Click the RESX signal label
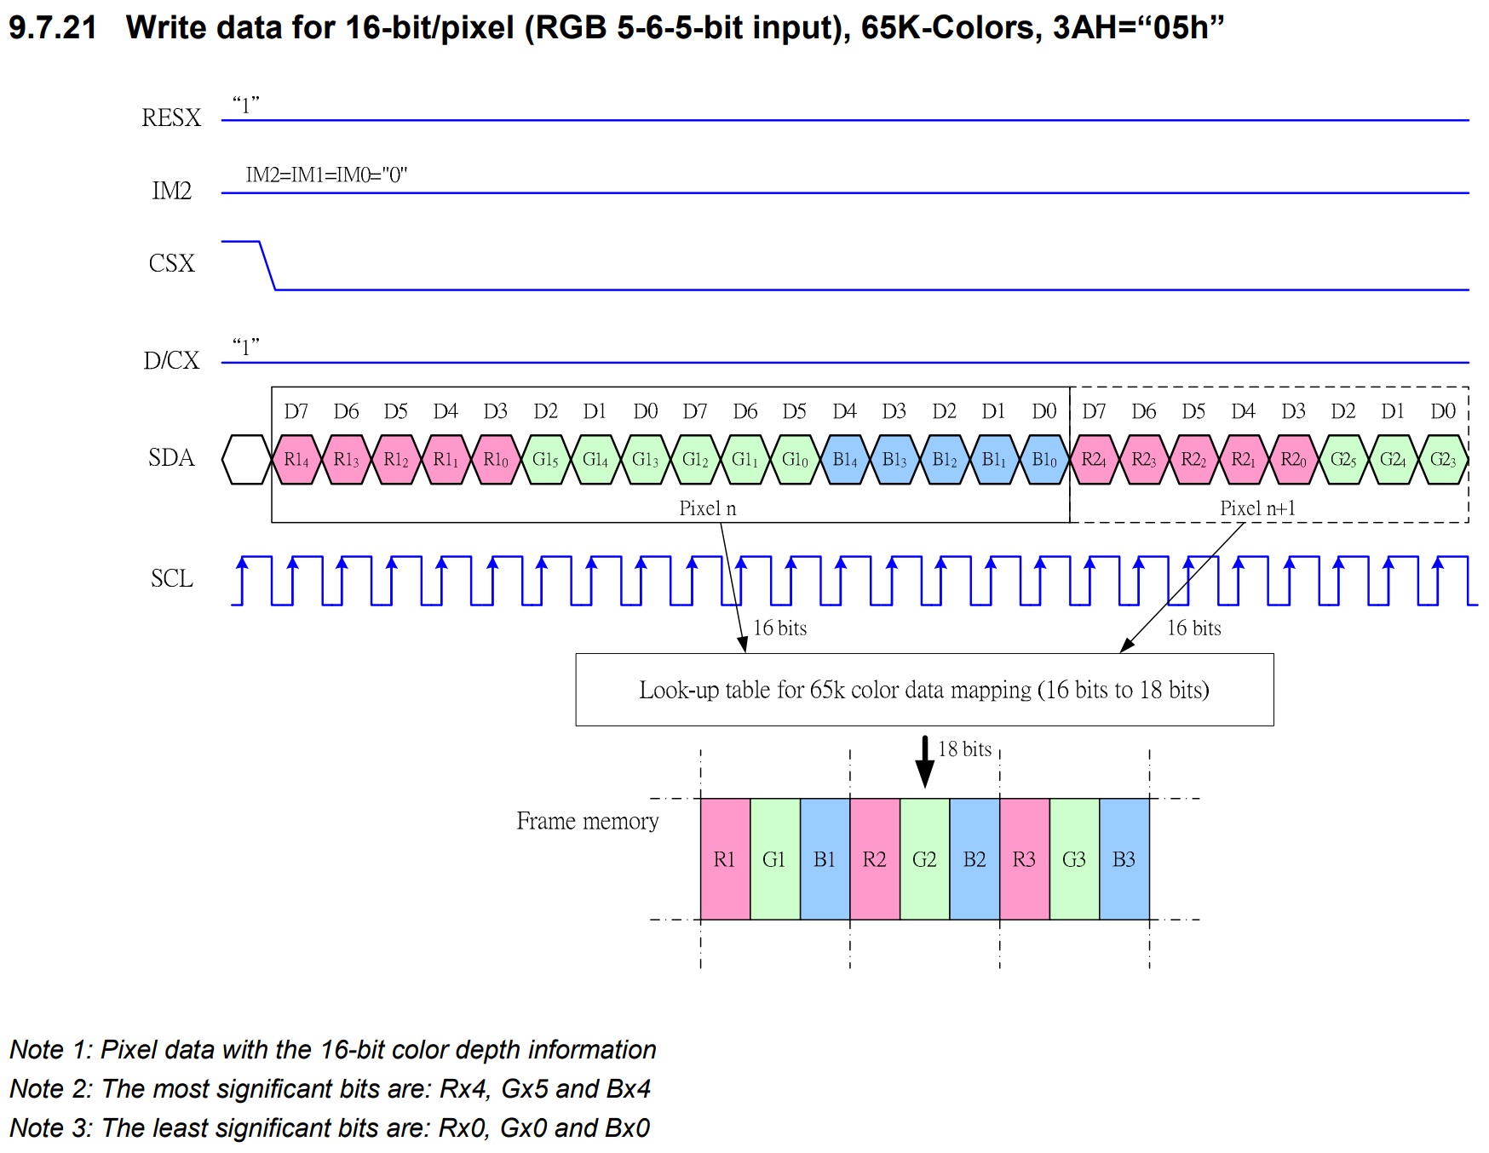pos(171,118)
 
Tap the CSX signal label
pos(171,263)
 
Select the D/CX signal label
pos(171,360)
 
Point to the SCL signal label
pos(171,578)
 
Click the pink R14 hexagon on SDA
pos(296,460)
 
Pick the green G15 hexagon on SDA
pos(545,460)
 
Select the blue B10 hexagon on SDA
pos(1044,460)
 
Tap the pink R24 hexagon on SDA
pos(1094,460)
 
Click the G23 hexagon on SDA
pos(1443,460)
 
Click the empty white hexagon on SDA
pos(246,460)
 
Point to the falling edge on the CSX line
pos(267,266)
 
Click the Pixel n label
pos(707,508)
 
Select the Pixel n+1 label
pos(1257,508)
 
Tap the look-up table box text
pos(924,690)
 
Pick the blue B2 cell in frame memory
pos(974,859)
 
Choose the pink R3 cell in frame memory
pos(1024,859)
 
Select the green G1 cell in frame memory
pos(774,859)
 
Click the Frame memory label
pos(587,821)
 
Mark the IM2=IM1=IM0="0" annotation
pos(326,175)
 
